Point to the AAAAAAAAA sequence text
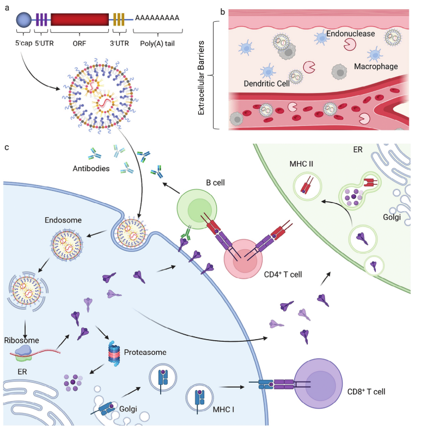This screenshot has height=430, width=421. point(157,19)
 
